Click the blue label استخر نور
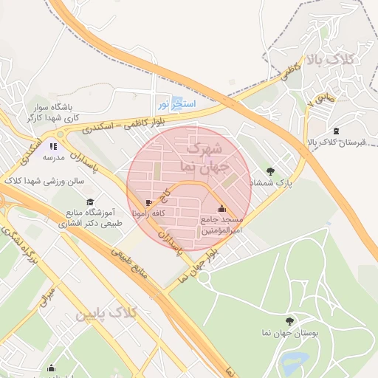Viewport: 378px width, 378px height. point(176,104)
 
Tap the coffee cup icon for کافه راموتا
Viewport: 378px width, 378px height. point(149,202)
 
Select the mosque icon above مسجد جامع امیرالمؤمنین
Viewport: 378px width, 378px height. point(222,208)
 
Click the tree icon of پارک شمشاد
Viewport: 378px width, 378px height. point(270,171)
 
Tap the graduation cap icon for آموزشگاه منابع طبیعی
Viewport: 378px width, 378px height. point(90,202)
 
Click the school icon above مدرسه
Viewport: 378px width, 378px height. point(53,146)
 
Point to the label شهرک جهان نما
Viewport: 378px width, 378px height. point(200,157)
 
